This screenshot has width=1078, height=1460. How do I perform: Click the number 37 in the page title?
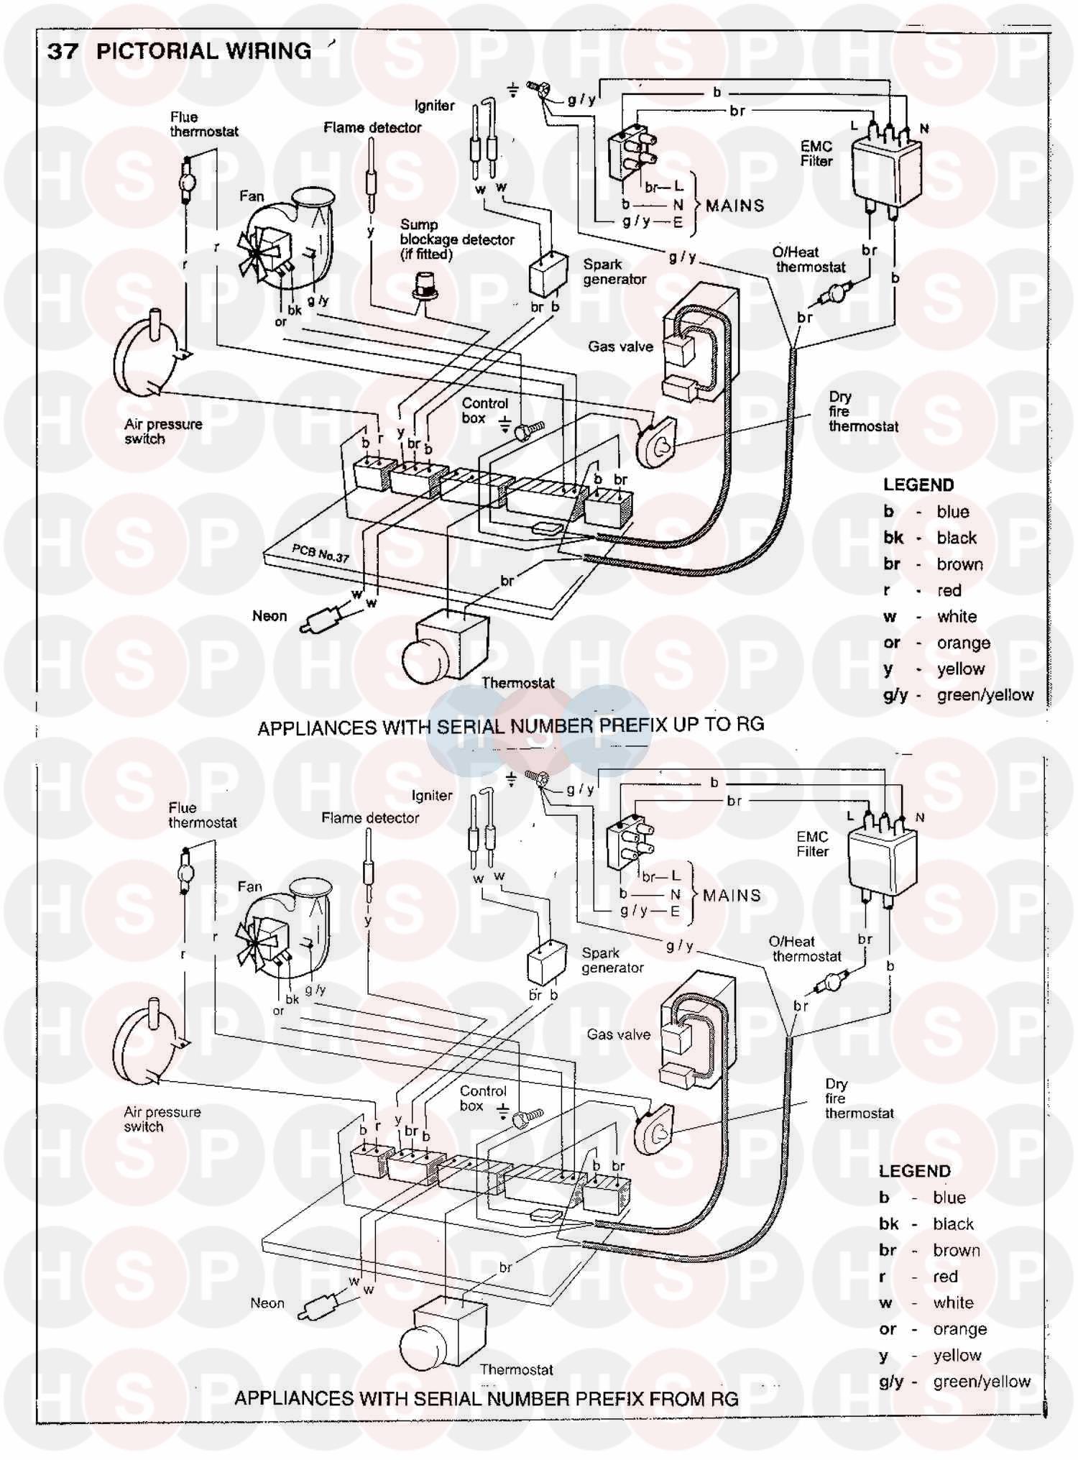pyautogui.click(x=63, y=51)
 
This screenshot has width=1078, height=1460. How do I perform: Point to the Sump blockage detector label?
pyautogui.click(x=456, y=239)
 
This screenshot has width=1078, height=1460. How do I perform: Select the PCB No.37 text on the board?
pyautogui.click(x=320, y=553)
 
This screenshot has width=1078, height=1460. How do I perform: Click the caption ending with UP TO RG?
pyautogui.click(x=510, y=726)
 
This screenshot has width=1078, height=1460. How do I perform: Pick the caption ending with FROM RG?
pyautogui.click(x=486, y=1398)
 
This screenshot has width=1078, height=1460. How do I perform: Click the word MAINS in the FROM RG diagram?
pyautogui.click(x=732, y=896)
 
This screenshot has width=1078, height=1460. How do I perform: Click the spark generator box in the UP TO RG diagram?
pyautogui.click(x=548, y=275)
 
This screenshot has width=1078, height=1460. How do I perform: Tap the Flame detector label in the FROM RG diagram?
pyautogui.click(x=370, y=818)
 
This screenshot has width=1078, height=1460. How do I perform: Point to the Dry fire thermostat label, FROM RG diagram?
pyautogui.click(x=858, y=1098)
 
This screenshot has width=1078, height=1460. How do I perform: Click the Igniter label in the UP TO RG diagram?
pyautogui.click(x=434, y=106)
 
